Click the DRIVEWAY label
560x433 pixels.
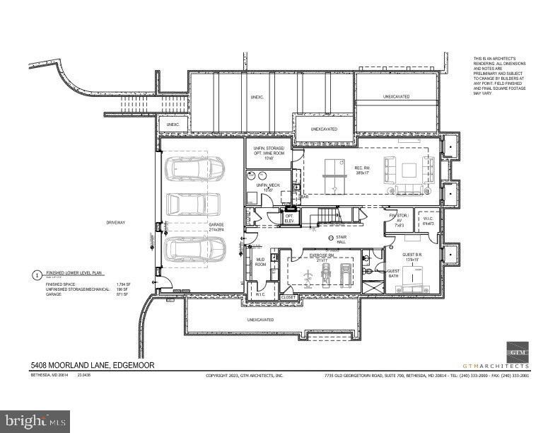click(116, 222)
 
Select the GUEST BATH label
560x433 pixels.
click(394, 273)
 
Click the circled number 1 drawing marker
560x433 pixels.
click(37, 274)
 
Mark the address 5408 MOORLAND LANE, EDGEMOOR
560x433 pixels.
click(92, 365)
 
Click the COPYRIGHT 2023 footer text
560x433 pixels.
click(244, 376)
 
